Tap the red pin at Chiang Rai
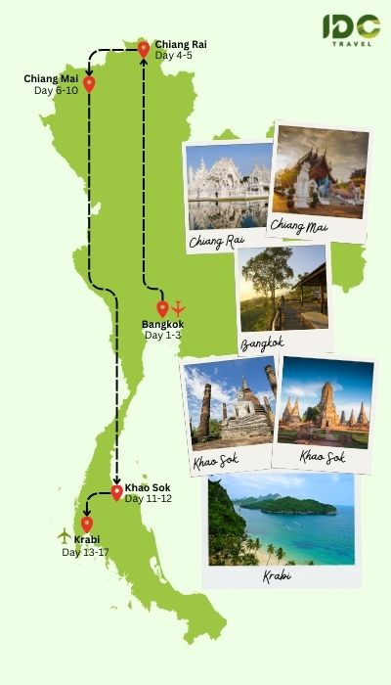tap(144, 48)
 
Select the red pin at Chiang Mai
tap(89, 83)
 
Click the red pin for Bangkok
tap(162, 308)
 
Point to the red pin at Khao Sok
tap(116, 492)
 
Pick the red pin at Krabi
tap(87, 524)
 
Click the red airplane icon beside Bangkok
tap(179, 308)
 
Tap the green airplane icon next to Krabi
tap(65, 534)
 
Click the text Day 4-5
tap(173, 56)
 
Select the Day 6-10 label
tap(56, 90)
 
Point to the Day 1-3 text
tap(162, 336)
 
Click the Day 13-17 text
tap(85, 552)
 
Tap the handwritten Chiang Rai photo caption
tap(216, 241)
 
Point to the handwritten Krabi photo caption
tap(277, 576)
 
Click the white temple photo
tap(228, 186)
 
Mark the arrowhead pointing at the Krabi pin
tap(86, 513)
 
